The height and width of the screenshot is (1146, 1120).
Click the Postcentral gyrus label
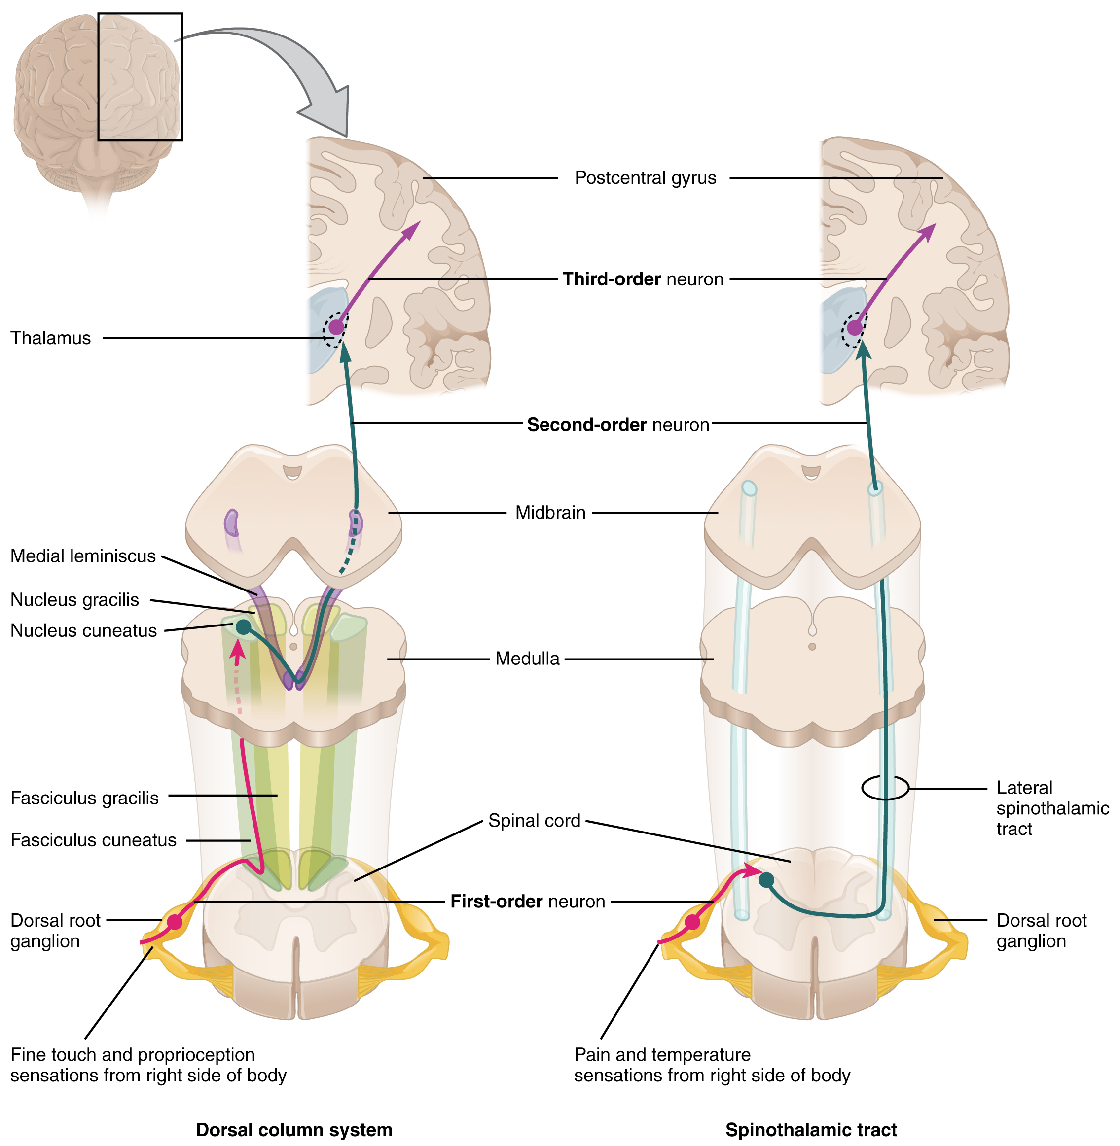[x=645, y=177]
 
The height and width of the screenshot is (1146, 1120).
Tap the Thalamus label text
[x=51, y=338]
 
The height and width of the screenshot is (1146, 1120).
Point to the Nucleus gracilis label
[x=74, y=600]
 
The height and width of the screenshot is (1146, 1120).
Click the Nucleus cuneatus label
[x=83, y=631]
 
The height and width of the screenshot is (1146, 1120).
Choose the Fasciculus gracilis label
[x=85, y=799]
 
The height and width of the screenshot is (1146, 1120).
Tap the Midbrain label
[x=550, y=513]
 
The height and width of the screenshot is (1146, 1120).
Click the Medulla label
[x=527, y=659]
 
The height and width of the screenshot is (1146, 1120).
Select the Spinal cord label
[x=534, y=821]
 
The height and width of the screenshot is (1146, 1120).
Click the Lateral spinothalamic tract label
[x=1052, y=808]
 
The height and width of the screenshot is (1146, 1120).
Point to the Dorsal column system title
[x=293, y=1130]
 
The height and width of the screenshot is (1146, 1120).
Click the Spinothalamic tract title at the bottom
[x=811, y=1130]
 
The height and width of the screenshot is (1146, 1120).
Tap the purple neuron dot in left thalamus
[x=336, y=327]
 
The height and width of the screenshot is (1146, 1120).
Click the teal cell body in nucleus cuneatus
[x=243, y=627]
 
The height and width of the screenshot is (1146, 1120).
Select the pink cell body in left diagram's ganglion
[x=175, y=922]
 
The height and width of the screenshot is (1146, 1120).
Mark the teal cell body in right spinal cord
[x=766, y=880]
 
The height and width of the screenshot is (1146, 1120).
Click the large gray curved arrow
[x=294, y=65]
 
